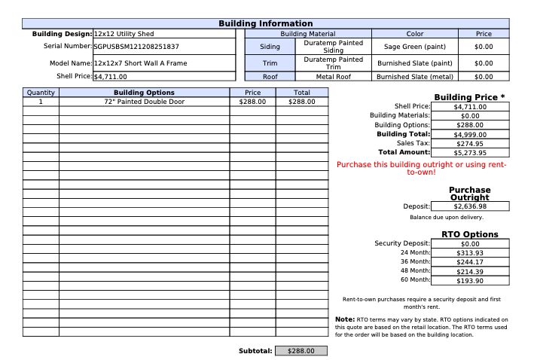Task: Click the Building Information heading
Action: [265, 24]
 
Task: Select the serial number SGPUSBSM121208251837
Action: [136, 47]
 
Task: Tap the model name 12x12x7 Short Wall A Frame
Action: [140, 63]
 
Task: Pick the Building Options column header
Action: [144, 92]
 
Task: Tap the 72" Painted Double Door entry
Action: [144, 101]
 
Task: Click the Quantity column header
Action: [41, 92]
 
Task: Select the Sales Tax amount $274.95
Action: [469, 143]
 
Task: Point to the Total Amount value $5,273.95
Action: [469, 152]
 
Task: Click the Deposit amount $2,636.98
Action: [469, 206]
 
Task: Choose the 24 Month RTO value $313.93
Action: [469, 253]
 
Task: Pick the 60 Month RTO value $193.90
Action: [469, 280]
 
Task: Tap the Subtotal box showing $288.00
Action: [301, 351]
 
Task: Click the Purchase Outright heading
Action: [469, 194]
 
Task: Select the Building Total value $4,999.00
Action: [469, 134]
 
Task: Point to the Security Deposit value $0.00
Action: [469, 244]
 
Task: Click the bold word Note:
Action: [345, 319]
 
